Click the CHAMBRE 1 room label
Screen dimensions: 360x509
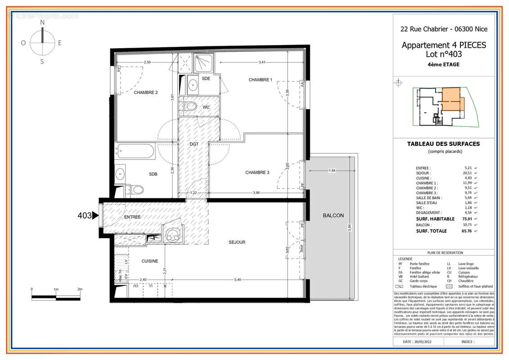(x=260, y=80)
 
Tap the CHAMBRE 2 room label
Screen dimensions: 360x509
(x=145, y=93)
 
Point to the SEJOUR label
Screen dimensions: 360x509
(x=237, y=242)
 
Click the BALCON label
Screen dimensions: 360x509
(x=333, y=216)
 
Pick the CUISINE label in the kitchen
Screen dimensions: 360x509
(x=150, y=261)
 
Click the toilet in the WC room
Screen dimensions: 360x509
(x=191, y=107)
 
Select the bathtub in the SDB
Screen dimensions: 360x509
(x=135, y=151)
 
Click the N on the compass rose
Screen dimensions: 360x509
(x=42, y=22)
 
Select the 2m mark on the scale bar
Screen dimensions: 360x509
(x=80, y=289)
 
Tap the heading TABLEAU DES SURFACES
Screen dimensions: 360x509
(x=443, y=144)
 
